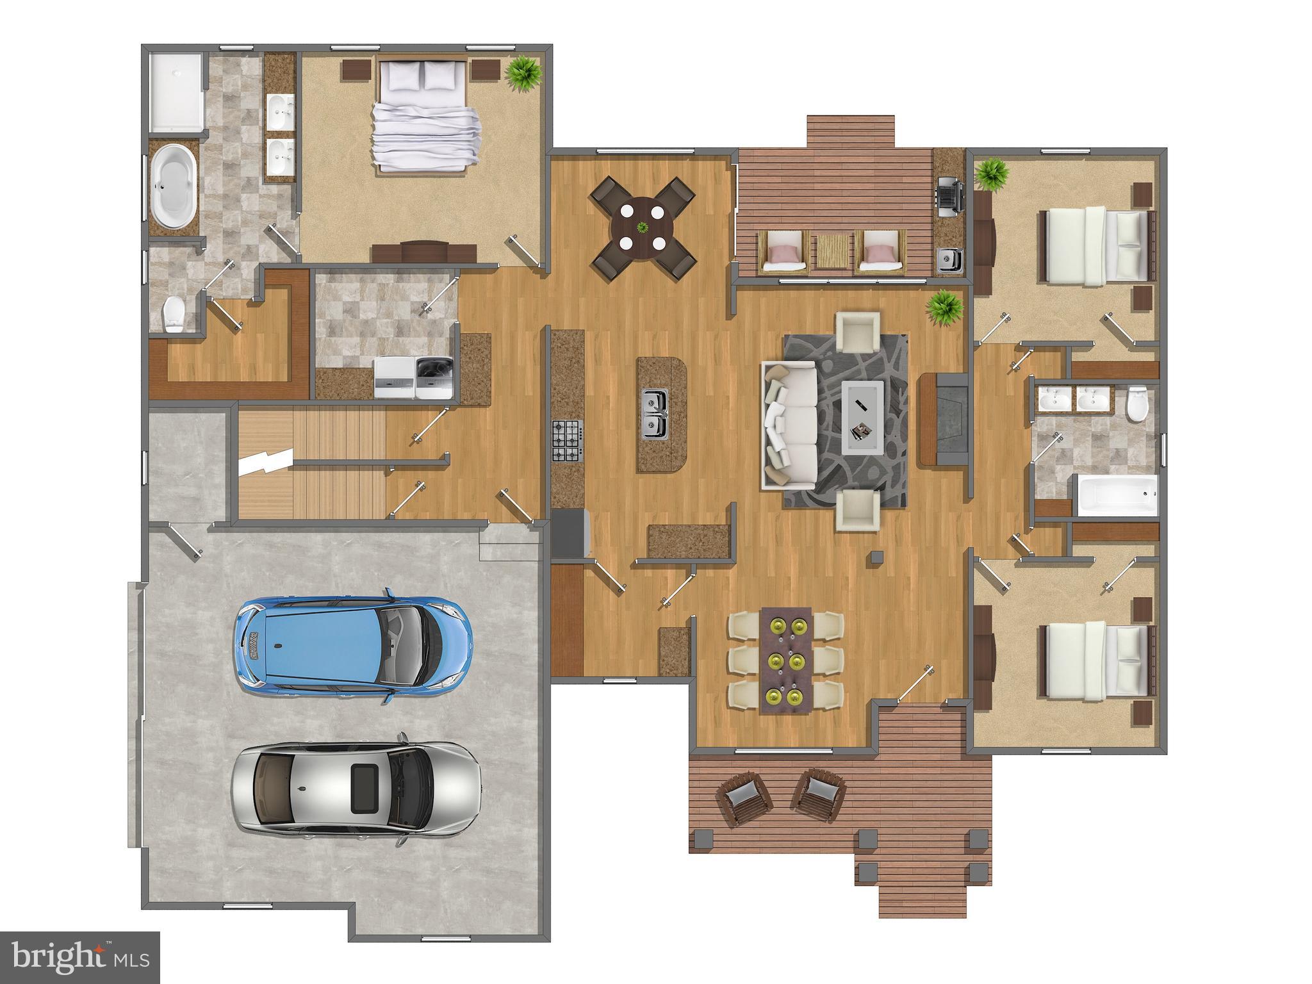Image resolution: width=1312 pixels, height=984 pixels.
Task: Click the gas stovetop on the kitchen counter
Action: [567, 440]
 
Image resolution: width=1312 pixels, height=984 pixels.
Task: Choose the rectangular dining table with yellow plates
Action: [786, 660]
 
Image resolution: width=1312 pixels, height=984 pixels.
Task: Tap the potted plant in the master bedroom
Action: [525, 74]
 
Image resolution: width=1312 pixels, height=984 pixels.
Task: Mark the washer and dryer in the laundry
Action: [414, 377]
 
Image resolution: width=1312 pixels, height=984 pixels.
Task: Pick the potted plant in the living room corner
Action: [944, 309]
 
